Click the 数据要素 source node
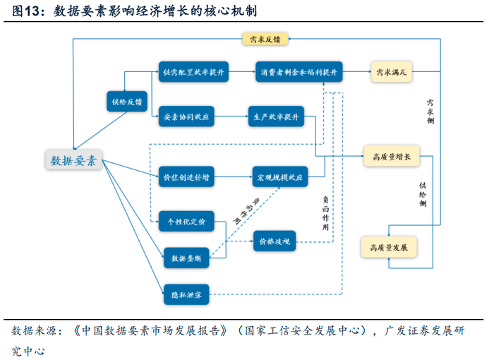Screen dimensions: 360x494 [x=73, y=160]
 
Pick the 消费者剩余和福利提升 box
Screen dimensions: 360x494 [x=299, y=72]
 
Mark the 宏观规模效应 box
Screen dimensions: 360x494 [x=280, y=176]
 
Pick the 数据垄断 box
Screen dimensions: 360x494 [x=188, y=258]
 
